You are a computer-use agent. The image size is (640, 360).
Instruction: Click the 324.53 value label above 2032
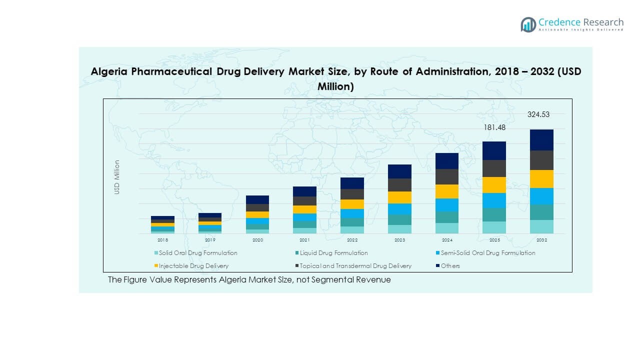point(538,114)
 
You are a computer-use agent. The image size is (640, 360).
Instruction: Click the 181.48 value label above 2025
point(494,127)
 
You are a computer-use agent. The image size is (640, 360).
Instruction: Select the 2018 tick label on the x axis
point(163,240)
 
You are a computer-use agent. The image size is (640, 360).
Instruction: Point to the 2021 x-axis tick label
point(304,240)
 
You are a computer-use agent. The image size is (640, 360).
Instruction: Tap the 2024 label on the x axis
point(446,240)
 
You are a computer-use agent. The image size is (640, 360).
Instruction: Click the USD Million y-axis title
point(117,177)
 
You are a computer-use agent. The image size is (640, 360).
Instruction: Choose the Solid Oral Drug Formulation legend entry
point(198,253)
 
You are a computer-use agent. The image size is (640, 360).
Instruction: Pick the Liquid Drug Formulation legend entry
point(333,253)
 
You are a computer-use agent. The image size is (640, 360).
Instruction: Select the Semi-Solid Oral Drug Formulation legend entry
point(487,253)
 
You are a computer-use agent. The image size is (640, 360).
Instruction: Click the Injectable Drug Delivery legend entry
point(193,266)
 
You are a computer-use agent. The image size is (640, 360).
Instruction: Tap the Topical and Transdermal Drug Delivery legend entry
point(355,266)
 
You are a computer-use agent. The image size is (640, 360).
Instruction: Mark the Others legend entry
point(450,266)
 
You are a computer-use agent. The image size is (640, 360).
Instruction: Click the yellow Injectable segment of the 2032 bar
point(541,179)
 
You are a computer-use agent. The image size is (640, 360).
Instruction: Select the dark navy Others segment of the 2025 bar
point(494,150)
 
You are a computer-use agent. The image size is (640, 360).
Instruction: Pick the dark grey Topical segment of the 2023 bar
point(399,185)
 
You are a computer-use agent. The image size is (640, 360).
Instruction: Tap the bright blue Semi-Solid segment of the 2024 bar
point(446,205)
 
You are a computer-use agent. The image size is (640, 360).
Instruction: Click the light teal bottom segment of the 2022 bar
point(352,230)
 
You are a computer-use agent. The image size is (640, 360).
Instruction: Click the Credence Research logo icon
point(528,24)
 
